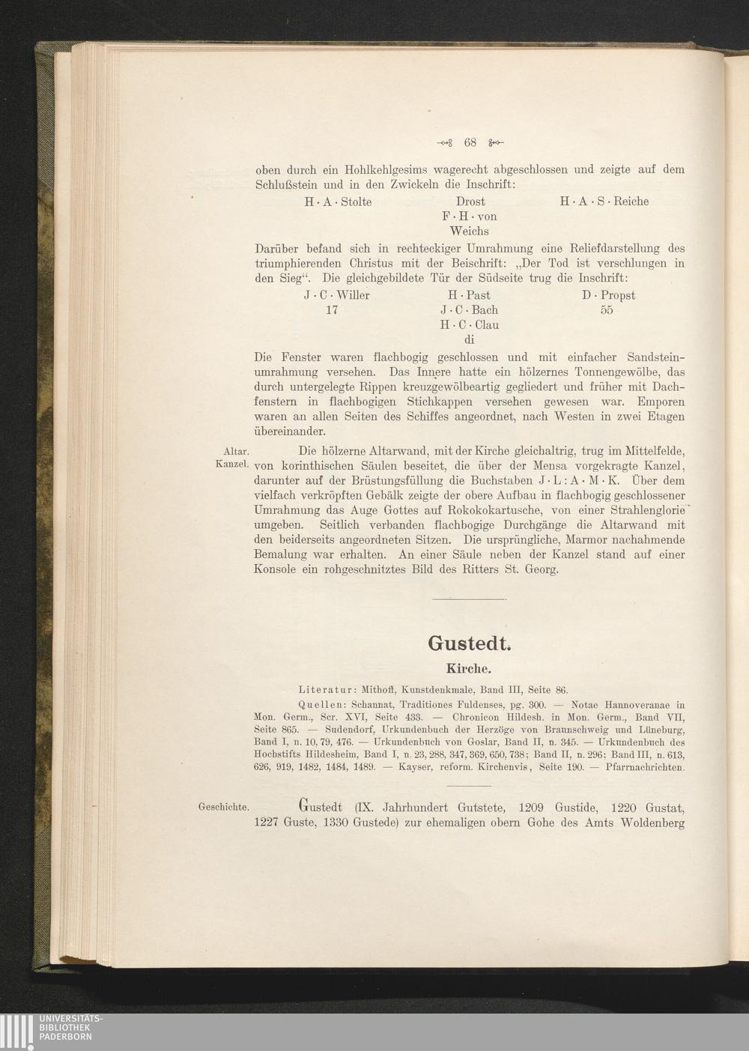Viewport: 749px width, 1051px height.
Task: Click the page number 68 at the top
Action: pos(470,142)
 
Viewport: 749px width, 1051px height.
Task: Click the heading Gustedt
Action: pos(469,643)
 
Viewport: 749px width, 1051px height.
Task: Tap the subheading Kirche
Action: pos(469,667)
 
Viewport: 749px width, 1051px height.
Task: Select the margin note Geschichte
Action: pos(223,807)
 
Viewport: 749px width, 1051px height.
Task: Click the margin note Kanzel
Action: pos(232,465)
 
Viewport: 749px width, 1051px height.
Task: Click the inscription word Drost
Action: pos(470,202)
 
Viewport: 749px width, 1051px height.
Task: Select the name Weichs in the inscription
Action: pos(470,231)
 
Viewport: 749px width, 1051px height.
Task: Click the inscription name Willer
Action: pos(352,295)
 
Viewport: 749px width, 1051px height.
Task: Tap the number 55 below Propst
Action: pos(607,310)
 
